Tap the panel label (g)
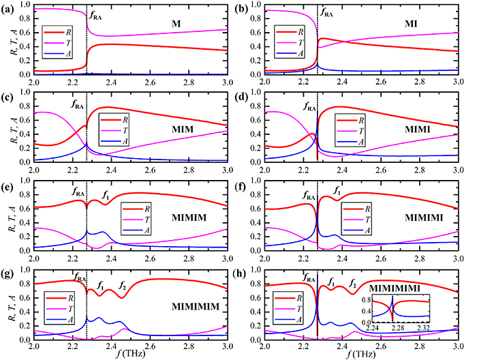tap(9, 273)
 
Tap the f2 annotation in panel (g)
tap(122, 284)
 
